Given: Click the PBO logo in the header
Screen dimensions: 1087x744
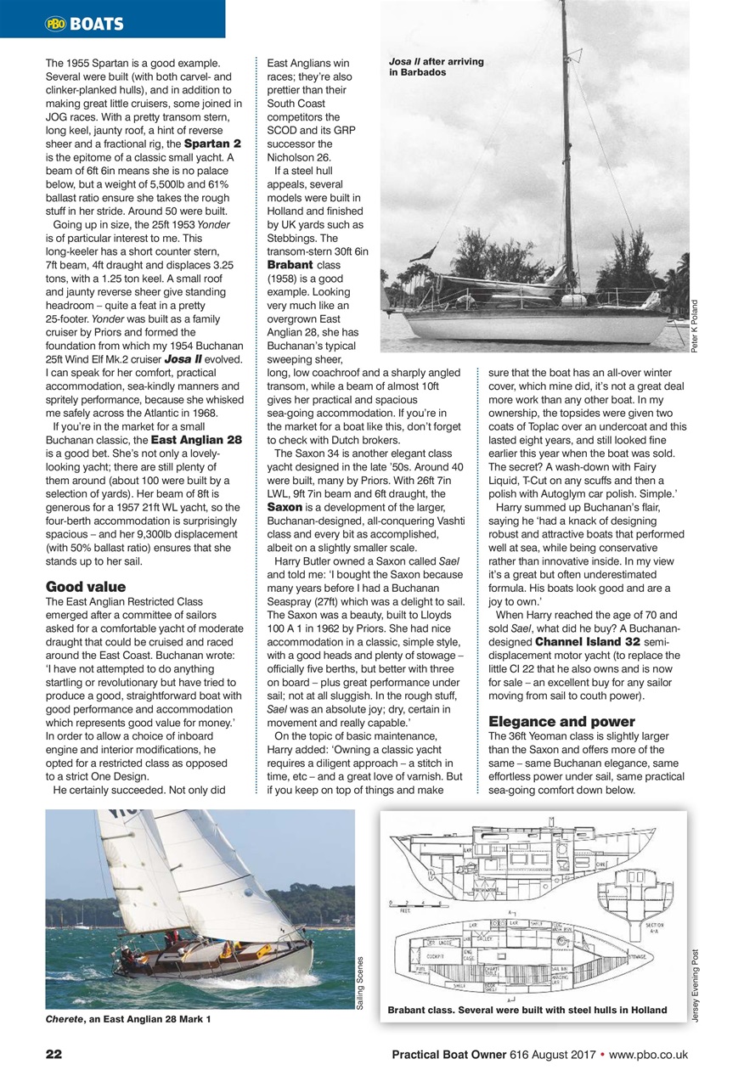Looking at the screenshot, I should click(55, 24).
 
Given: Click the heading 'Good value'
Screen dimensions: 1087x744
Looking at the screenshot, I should click(86, 586).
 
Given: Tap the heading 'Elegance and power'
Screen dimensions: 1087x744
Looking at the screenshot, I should click(561, 722).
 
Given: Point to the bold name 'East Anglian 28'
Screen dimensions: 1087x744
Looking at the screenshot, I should click(196, 440).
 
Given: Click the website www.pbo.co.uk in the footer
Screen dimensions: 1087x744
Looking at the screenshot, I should click(649, 1055).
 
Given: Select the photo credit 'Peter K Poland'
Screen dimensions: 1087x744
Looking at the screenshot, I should click(696, 323).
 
